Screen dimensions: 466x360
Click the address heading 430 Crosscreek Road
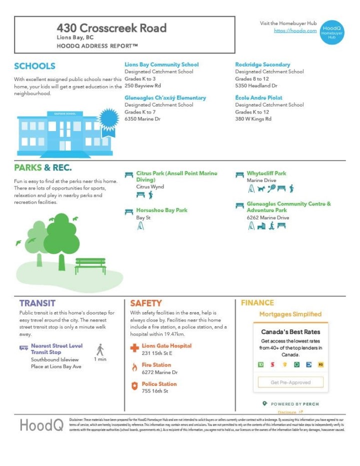pyautogui.click(x=111, y=28)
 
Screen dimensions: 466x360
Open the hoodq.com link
pyautogui.click(x=295, y=30)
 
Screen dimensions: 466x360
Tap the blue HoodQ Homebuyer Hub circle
pyautogui.click(x=331, y=31)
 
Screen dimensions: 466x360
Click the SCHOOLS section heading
pyautogui.click(x=34, y=66)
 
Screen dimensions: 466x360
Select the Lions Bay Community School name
pyautogui.click(x=161, y=64)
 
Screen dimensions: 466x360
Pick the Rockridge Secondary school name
pyautogui.click(x=262, y=64)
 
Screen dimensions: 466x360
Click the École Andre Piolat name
pyautogui.click(x=258, y=97)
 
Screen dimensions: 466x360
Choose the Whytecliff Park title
pyautogui.click(x=266, y=173)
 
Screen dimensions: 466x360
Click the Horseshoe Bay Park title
pyautogui.click(x=162, y=210)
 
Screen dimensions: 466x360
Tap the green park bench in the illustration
pyautogui.click(x=90, y=265)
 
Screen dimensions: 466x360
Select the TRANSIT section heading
pyautogui.click(x=37, y=303)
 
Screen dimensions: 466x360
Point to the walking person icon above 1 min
pyautogui.click(x=100, y=349)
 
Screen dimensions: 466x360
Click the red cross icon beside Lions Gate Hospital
pyautogui.click(x=134, y=347)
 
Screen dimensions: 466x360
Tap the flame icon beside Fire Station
pyautogui.click(x=134, y=367)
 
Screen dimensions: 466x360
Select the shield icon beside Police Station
pyautogui.click(x=134, y=386)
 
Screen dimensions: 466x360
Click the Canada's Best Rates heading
pyautogui.click(x=290, y=331)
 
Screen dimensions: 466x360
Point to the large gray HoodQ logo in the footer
pyautogui.click(x=41, y=425)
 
